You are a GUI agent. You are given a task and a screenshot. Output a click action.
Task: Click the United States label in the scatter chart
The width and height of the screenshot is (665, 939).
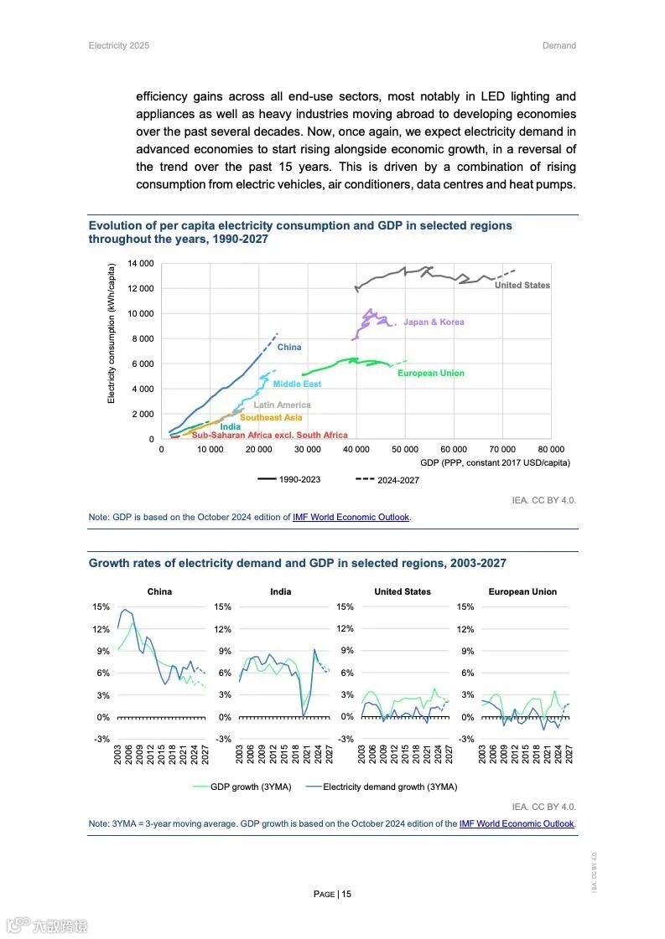[x=522, y=285]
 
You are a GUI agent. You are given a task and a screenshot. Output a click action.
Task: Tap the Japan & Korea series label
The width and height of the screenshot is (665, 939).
[x=434, y=322]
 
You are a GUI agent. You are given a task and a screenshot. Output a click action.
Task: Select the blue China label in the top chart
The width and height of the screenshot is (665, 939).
[x=289, y=347]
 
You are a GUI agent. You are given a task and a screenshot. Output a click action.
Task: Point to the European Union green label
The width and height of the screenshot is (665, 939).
[x=430, y=373]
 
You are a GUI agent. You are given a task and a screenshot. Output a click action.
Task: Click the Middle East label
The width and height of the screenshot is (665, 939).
[x=297, y=384]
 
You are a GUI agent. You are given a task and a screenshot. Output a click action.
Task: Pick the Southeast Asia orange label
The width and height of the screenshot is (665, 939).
[x=271, y=417]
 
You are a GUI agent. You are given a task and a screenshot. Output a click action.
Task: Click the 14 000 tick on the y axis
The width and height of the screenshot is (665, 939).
[x=141, y=263]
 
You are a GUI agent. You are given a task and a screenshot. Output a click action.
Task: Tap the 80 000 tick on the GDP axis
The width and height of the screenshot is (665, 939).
[x=551, y=449]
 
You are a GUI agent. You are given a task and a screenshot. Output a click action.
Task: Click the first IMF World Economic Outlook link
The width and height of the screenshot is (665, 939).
[x=351, y=517]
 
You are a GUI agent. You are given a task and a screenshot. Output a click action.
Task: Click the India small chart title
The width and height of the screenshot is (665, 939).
[x=281, y=591]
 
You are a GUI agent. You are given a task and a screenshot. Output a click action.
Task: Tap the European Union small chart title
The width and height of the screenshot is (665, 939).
[x=522, y=591]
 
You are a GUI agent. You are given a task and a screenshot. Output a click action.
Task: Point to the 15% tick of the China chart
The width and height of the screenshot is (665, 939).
[x=101, y=606]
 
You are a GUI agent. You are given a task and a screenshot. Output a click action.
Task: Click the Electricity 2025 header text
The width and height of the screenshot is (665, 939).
[x=119, y=45]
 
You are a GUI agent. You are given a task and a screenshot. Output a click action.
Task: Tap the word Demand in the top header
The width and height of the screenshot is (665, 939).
[x=558, y=45]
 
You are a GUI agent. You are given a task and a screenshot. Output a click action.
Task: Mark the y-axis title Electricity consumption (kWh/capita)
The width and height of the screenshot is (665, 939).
[x=112, y=333]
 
